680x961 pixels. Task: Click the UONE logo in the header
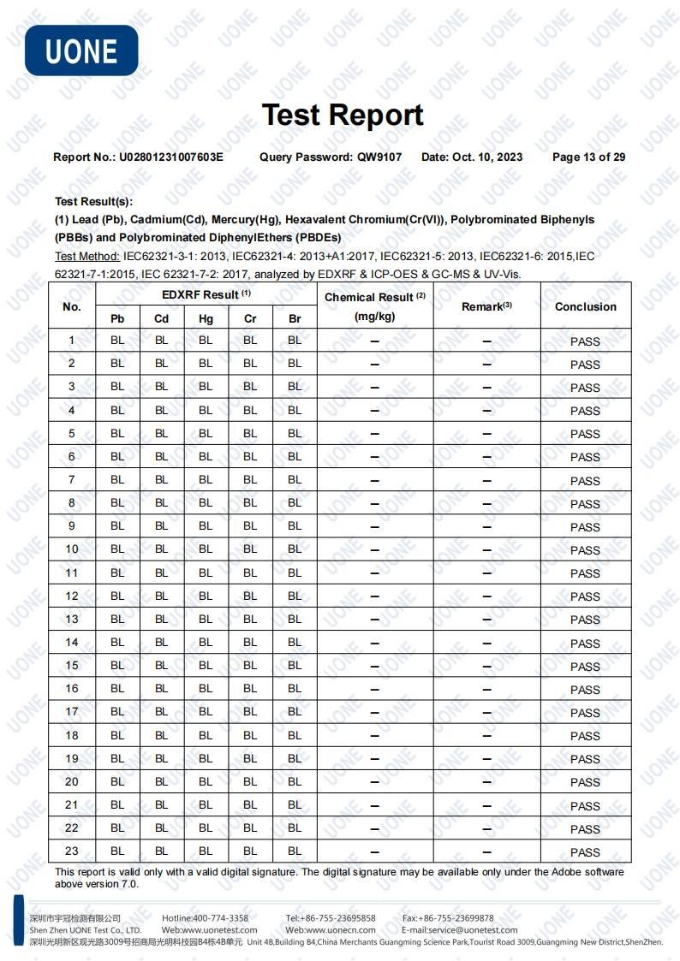[81, 50]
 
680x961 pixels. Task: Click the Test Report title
[342, 115]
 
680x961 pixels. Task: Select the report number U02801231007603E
[170, 157]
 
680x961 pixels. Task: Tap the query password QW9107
[379, 157]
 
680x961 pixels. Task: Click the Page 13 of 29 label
[588, 157]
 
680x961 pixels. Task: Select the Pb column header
[117, 318]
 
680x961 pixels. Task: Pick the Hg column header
[206, 318]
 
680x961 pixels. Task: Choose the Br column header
[295, 318]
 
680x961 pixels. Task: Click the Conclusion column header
[585, 306]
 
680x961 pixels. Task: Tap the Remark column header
[486, 306]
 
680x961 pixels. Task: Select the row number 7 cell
[72, 479]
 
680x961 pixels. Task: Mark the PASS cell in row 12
[585, 596]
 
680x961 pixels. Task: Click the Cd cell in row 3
[161, 387]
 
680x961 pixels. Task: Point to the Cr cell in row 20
[250, 781]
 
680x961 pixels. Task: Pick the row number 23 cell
[72, 851]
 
